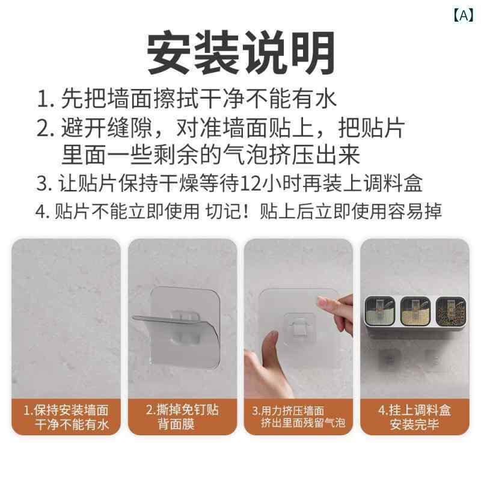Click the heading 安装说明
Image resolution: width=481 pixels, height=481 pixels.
240,53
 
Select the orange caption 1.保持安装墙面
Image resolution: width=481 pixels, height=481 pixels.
66,410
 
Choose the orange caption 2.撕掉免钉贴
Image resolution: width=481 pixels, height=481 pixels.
182,409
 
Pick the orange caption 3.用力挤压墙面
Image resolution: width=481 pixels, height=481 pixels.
288,411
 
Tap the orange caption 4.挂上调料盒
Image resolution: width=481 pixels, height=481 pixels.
415,410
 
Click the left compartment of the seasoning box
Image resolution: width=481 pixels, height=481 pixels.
379,310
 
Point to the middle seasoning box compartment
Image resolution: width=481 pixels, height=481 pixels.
415,310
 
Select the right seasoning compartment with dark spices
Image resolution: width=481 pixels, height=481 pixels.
450,310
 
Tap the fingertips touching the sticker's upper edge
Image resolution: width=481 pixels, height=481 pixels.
326,304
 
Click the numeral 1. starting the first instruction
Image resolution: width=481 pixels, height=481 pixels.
46,99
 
